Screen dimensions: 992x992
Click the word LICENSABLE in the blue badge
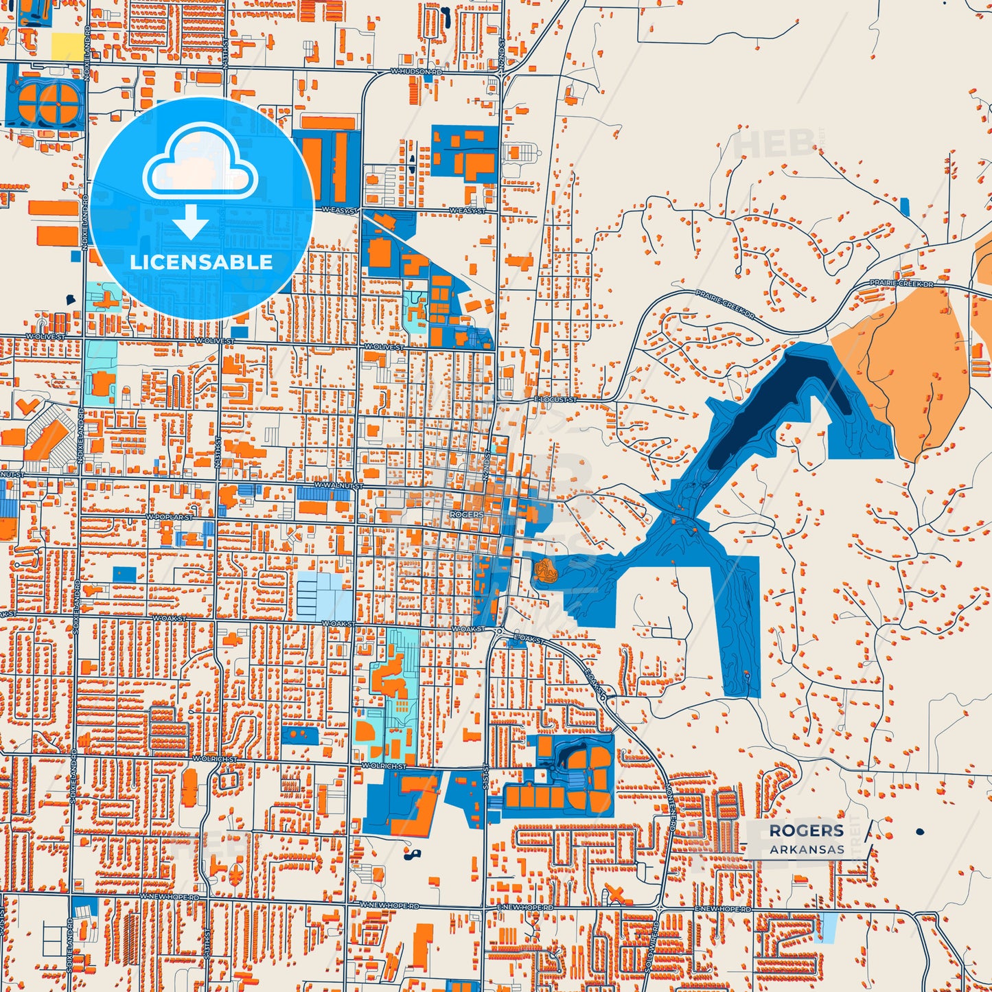tap(201, 262)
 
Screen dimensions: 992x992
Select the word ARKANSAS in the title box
tap(807, 850)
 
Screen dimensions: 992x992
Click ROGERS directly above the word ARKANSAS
tap(806, 831)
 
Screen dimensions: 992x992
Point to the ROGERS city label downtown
tap(466, 514)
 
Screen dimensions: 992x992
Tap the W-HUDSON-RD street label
tap(416, 71)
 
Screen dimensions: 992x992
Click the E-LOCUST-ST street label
tap(555, 399)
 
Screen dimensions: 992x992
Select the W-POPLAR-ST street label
tap(170, 516)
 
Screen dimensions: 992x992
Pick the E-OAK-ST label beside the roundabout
tap(529, 639)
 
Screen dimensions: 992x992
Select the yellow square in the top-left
tap(66, 46)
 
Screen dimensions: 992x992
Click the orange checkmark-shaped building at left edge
tap(26, 406)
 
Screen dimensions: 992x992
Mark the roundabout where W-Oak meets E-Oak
tap(500, 631)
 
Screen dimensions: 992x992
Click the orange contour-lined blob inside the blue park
tap(544, 570)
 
